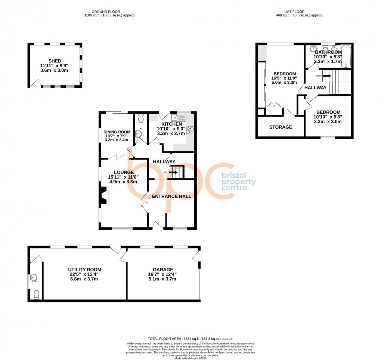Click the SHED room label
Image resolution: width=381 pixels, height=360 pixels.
(x=55, y=61)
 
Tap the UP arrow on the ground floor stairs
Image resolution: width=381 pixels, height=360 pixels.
(x=173, y=172)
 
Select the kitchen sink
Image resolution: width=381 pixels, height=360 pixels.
(x=174, y=117)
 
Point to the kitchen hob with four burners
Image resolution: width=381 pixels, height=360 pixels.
(x=190, y=130)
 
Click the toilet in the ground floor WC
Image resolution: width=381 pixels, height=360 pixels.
(x=141, y=119)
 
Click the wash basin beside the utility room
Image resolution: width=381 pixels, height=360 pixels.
(x=35, y=278)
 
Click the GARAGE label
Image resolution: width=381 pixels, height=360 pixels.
(x=163, y=269)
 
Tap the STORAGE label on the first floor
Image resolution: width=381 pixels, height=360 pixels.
(x=281, y=127)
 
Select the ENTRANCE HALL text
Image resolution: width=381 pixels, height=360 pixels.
(x=171, y=196)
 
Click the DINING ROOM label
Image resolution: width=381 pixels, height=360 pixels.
(x=117, y=132)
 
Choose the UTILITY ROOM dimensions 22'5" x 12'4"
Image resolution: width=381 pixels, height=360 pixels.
(x=84, y=274)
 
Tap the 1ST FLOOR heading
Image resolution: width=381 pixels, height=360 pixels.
(x=299, y=12)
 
